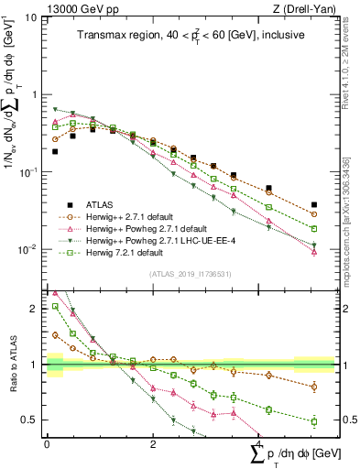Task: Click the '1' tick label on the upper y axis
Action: (x=33, y=94)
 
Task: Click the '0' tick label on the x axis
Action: (x=47, y=444)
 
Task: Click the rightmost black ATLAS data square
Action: (x=314, y=205)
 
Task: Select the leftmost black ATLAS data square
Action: (x=55, y=151)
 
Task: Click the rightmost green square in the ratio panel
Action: (x=314, y=421)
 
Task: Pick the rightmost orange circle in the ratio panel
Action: (x=314, y=387)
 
